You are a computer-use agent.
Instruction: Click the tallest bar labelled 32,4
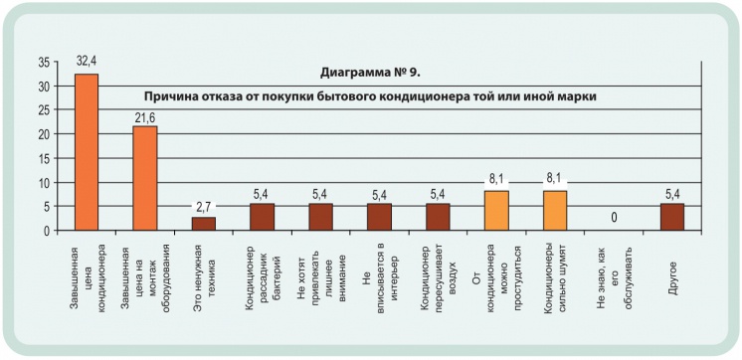[87, 152]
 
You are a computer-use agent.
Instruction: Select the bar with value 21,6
[145, 178]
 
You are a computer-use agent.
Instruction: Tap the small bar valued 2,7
[204, 224]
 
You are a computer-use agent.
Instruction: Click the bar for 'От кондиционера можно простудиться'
[496, 211]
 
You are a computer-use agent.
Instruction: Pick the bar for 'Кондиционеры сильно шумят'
[555, 211]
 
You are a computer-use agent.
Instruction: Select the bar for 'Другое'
[672, 217]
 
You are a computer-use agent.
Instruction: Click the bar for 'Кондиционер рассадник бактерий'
[263, 217]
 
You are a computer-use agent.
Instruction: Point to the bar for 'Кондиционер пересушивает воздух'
[438, 217]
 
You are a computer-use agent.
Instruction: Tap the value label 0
[614, 217]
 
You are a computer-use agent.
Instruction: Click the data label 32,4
[87, 63]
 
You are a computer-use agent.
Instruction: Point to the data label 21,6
[145, 115]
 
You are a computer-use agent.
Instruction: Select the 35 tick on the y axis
[43, 62]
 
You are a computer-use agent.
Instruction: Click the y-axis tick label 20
[43, 134]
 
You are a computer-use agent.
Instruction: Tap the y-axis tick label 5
[46, 207]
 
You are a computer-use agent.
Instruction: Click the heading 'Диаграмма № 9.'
[376, 74]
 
